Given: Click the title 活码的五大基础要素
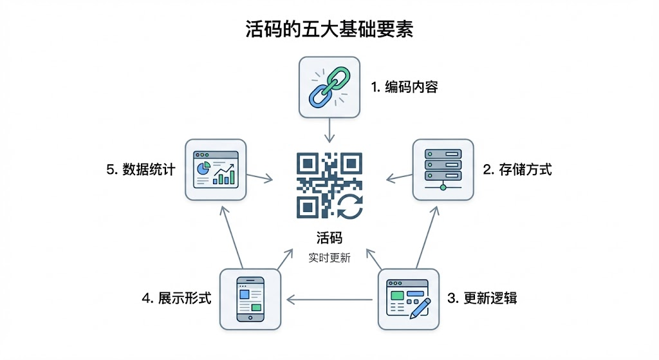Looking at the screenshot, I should pos(329,29).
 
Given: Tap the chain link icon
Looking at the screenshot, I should pos(329,88).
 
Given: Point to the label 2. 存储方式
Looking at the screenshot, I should pos(517,170).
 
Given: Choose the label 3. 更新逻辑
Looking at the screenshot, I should pos(482,299).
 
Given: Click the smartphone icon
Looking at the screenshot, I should pos(250,299).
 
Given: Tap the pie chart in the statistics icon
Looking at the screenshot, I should pos(204,168).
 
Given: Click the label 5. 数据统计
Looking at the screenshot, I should pos(140,170).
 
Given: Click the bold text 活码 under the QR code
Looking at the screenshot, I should pos(329,238).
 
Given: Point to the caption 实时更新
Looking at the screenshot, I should pos(329,258).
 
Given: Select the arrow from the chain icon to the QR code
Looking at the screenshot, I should pos(329,131).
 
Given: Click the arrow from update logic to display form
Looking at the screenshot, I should pos(329,299).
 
